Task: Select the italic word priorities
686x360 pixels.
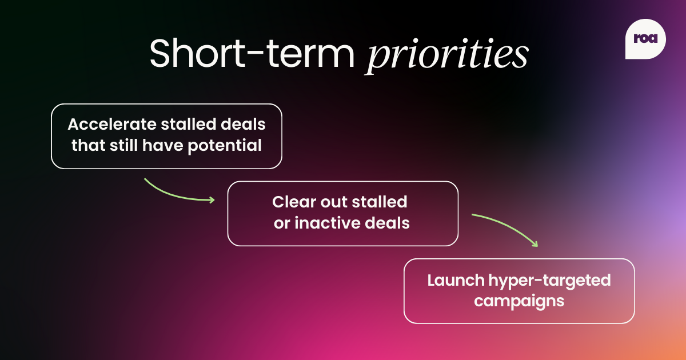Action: [x=447, y=56]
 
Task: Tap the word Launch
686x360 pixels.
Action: [x=455, y=280]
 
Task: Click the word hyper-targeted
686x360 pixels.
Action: [x=549, y=281]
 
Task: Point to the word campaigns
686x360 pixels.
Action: [x=519, y=301]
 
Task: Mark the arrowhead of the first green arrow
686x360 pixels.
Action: [x=212, y=199]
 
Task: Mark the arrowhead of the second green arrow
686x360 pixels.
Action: [x=535, y=243]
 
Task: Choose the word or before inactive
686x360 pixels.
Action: [x=282, y=223]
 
